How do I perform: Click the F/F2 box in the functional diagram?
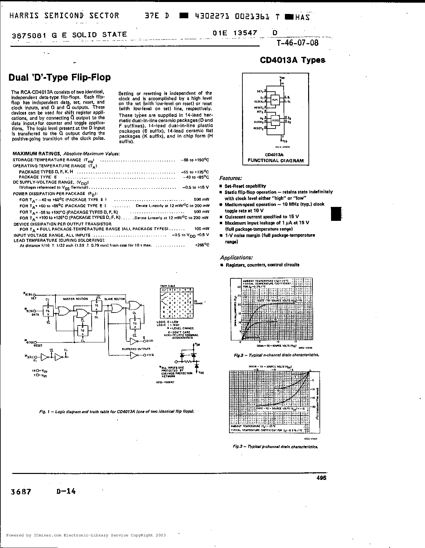(x=275, y=121)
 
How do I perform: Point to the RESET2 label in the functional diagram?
(x=258, y=128)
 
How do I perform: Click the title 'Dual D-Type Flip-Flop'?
(x=59, y=77)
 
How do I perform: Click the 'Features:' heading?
(x=230, y=178)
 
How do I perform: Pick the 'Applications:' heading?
(x=236, y=257)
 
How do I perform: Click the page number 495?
(x=321, y=478)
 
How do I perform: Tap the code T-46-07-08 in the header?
(x=297, y=43)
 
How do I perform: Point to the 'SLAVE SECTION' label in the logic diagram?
(x=115, y=299)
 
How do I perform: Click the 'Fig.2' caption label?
(x=238, y=355)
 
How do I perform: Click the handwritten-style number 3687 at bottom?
(x=21, y=492)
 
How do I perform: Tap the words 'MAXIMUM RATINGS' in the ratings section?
(x=37, y=154)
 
